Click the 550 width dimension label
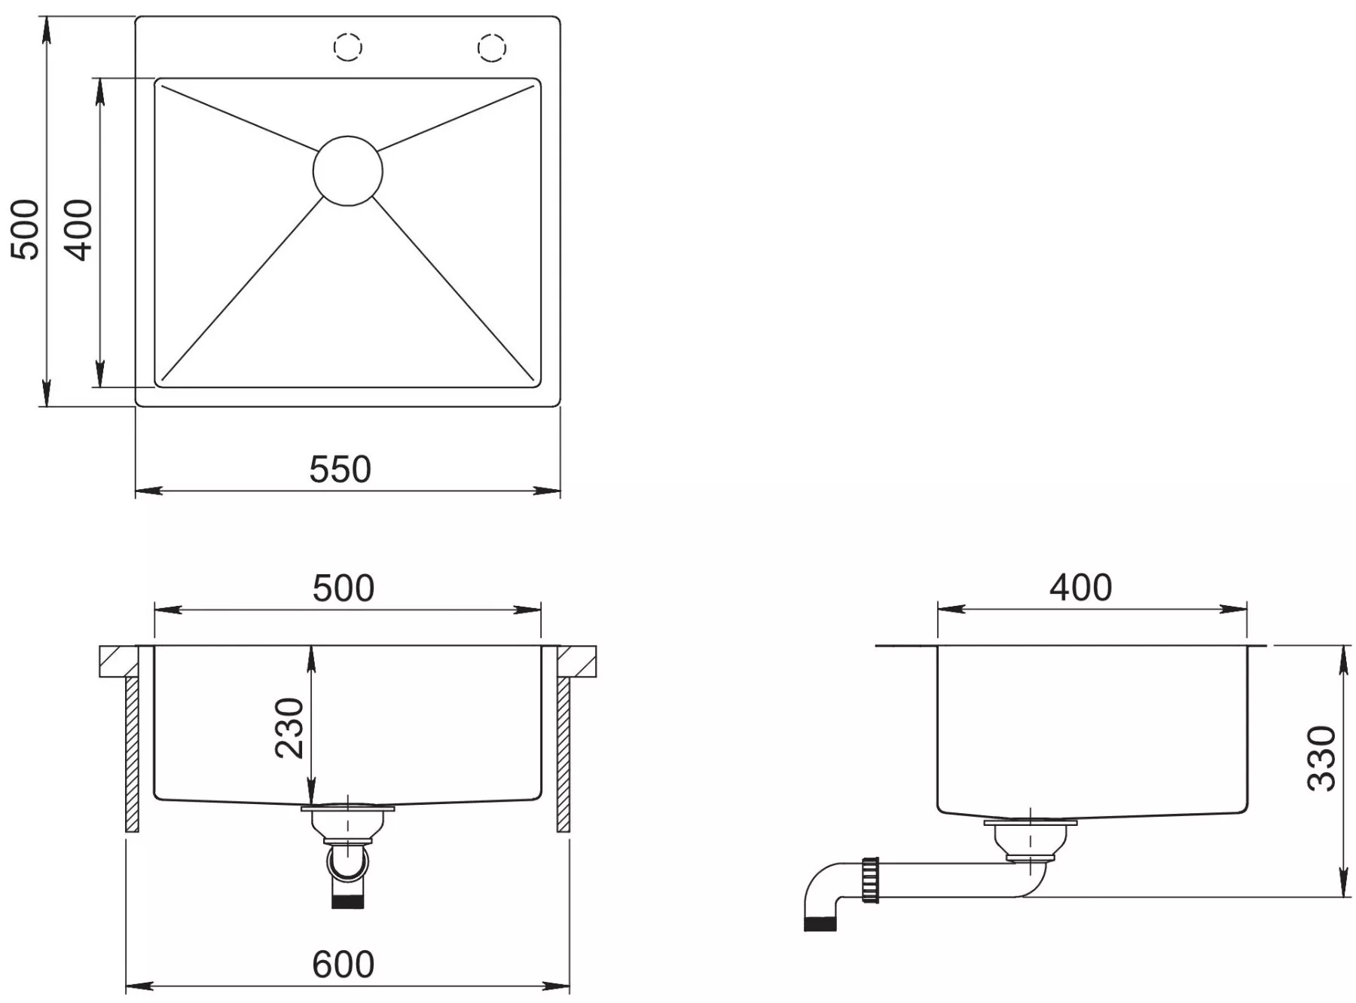pyautogui.click(x=340, y=469)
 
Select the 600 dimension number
pyautogui.click(x=343, y=965)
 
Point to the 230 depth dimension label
pyautogui.click(x=289, y=728)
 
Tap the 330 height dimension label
pyautogui.click(x=1321, y=758)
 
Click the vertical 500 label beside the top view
pyautogui.click(x=25, y=230)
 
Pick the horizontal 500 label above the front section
pyautogui.click(x=344, y=589)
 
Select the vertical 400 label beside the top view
pyautogui.click(x=78, y=230)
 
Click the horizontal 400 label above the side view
pyautogui.click(x=1080, y=588)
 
